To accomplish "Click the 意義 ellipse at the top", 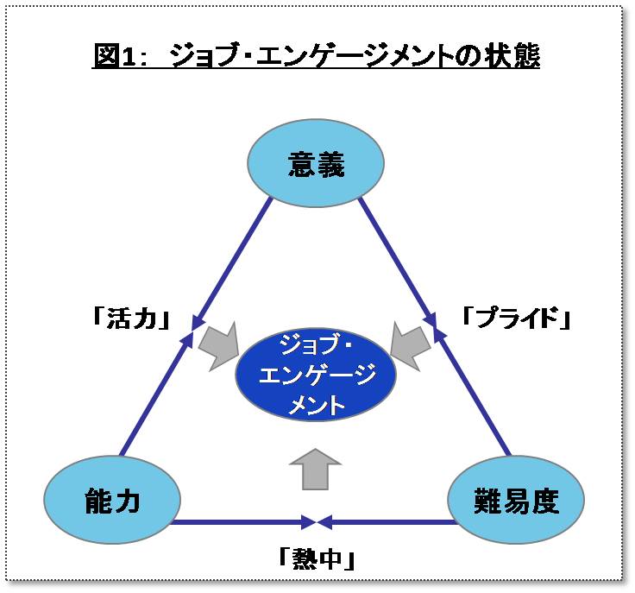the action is (316, 163).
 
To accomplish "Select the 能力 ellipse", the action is (112, 500).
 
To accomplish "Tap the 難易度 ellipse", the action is (516, 500).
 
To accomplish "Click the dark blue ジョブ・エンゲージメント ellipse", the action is (316, 375).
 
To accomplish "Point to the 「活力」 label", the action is (131, 318).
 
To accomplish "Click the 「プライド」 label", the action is (517, 317).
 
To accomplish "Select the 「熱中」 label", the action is (317, 558).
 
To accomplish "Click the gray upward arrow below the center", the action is (315, 469).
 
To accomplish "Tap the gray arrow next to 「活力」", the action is (218, 346).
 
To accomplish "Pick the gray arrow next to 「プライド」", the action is (411, 346).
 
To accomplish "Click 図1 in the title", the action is (114, 55).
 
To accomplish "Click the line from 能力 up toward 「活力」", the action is (156, 393).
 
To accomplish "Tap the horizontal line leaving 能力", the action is (243, 522).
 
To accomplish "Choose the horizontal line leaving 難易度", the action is (387, 522).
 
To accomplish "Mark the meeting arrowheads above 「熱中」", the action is (317, 522).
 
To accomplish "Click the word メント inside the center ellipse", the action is (316, 404).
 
